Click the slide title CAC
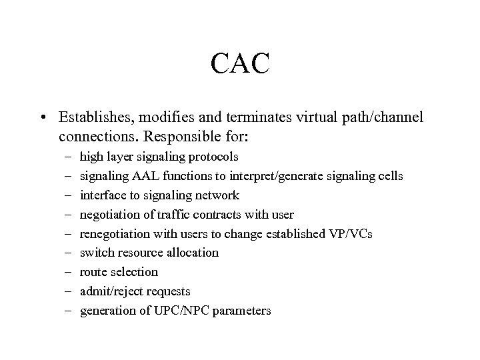point(240,65)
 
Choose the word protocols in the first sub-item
point(215,157)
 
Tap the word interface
point(101,195)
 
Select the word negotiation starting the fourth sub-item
point(109,215)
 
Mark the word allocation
point(193,253)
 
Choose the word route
point(93,272)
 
